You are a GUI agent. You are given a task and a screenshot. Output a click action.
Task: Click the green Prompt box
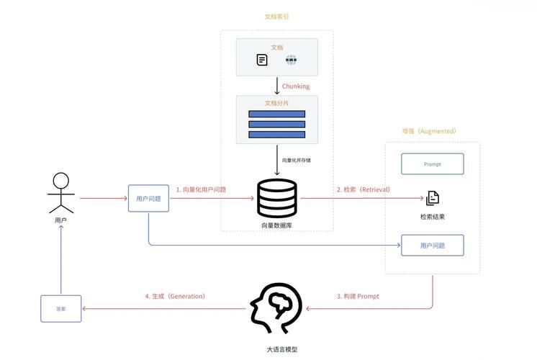pos(432,164)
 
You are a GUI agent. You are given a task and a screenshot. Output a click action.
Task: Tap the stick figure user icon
pos(61,193)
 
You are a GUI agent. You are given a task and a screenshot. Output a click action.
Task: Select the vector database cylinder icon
pos(276,198)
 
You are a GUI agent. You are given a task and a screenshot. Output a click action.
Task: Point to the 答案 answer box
pos(61,308)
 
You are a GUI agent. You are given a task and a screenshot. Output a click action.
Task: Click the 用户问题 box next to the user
pos(148,198)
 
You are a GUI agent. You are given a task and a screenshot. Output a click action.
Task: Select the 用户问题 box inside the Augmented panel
pos(432,246)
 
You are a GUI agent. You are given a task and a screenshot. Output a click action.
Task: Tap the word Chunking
pos(296,86)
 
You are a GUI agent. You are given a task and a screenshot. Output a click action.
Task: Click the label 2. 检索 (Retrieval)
pos(364,189)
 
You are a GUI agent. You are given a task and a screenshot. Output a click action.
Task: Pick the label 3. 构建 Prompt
pos(358,296)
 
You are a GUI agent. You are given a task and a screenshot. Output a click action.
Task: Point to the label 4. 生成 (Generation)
pos(175,296)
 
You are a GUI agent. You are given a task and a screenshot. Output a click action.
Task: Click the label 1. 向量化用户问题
pos(201,189)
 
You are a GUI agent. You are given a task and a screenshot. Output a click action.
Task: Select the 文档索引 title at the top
pos(277,16)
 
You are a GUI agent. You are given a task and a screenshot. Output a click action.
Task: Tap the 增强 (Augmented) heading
pos(429,132)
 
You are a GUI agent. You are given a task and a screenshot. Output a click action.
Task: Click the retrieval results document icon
pos(433,198)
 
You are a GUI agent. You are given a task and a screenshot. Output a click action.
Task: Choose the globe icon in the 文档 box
pos(291,60)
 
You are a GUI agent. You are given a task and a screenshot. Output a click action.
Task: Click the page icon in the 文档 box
pos(262,60)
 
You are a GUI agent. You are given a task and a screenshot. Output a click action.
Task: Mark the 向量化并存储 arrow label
pos(297,160)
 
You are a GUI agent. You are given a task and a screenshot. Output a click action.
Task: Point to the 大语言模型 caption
pos(276,349)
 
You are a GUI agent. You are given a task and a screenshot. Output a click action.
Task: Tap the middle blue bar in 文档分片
pos(276,125)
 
